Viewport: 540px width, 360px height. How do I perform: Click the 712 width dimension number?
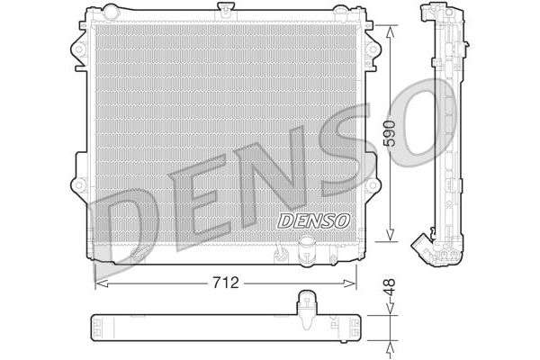point(225,283)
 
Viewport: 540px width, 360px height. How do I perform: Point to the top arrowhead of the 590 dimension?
point(388,30)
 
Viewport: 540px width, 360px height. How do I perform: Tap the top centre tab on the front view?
point(225,12)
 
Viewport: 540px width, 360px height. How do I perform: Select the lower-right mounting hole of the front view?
point(370,189)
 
